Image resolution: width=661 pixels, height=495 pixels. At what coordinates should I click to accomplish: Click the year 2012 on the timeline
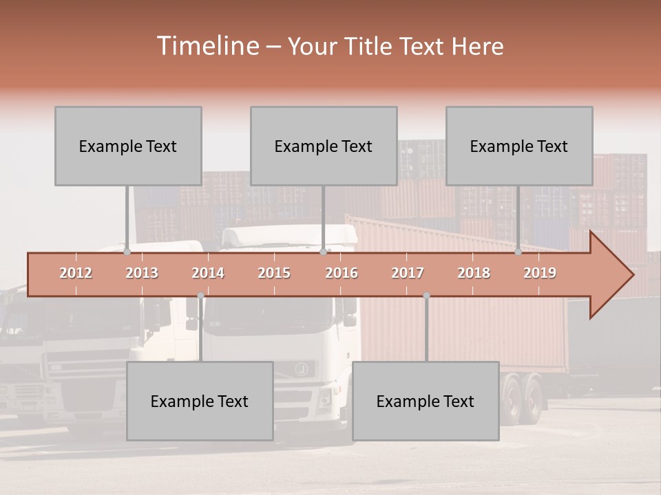(76, 274)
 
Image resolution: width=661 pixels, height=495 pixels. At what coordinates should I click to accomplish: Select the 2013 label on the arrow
(142, 274)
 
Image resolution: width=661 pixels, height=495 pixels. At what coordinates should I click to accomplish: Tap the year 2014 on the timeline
(208, 274)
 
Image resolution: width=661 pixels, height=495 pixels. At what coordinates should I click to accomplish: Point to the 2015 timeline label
(274, 274)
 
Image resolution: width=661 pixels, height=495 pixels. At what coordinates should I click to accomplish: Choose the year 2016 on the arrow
(342, 274)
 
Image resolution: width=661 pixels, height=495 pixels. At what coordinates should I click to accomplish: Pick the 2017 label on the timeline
(408, 274)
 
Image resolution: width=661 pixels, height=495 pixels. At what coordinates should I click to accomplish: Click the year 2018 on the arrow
(474, 274)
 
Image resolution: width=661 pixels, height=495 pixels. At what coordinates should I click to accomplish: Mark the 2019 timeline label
(540, 274)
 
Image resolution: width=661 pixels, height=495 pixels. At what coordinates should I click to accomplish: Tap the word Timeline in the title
(207, 46)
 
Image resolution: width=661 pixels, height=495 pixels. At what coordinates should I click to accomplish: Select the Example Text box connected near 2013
(128, 146)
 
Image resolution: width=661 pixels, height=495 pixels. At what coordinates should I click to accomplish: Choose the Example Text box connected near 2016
(324, 146)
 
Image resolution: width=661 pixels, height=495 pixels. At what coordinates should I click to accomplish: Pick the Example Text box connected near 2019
(519, 146)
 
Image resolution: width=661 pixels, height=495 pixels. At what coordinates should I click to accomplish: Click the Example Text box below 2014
(200, 401)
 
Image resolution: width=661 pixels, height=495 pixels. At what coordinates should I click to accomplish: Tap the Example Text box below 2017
(426, 401)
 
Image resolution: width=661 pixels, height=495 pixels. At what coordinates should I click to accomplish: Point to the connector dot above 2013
(127, 252)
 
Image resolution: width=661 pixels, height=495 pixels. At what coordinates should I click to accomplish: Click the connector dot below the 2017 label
(426, 296)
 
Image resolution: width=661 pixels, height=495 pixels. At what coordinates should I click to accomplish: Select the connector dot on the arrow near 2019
(518, 252)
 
